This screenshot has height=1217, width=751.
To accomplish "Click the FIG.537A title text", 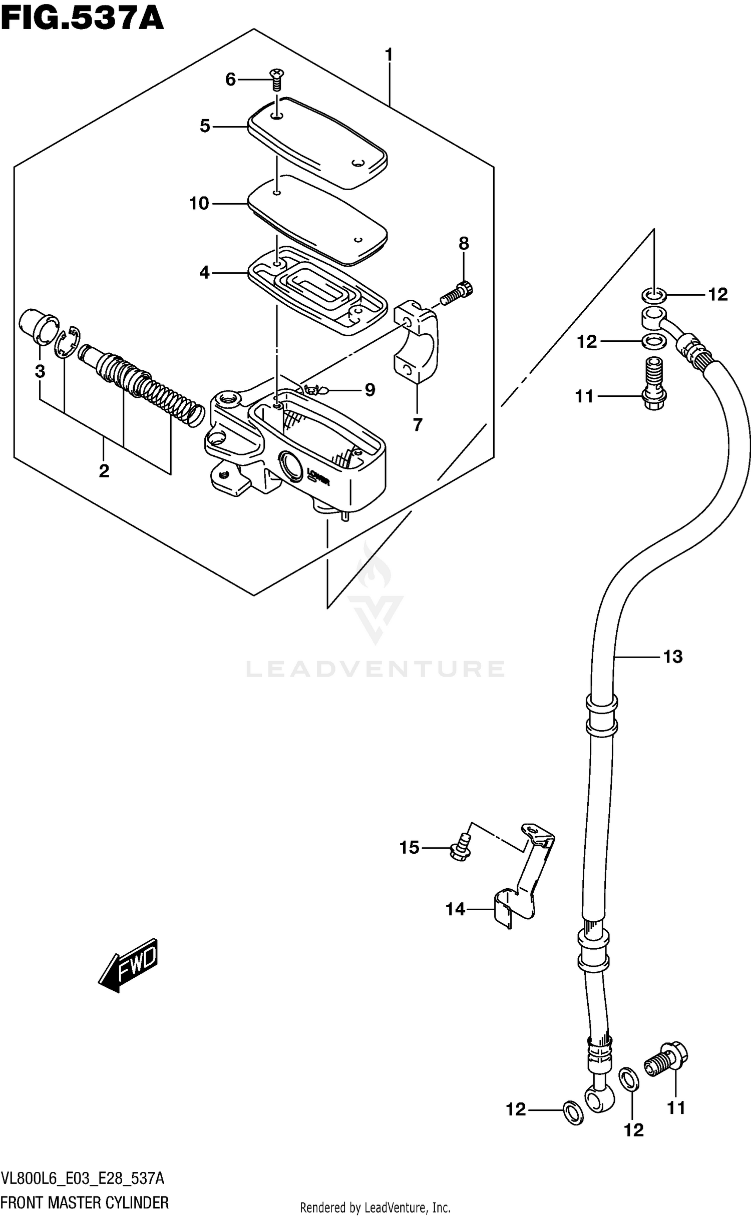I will pyautogui.click(x=83, y=19).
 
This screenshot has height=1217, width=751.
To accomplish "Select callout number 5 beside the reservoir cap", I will pyautogui.click(x=205, y=126).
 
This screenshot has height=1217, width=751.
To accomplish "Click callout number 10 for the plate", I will pyautogui.click(x=199, y=203).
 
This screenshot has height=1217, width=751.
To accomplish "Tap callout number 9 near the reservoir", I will pyautogui.click(x=369, y=389).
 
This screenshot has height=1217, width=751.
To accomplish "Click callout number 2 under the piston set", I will pyautogui.click(x=104, y=471).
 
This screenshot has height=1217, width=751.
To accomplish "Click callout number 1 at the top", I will pyautogui.click(x=388, y=55).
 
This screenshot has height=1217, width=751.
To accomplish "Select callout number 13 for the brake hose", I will pyautogui.click(x=673, y=656).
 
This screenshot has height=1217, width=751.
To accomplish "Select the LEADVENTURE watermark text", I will pyautogui.click(x=375, y=669).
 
